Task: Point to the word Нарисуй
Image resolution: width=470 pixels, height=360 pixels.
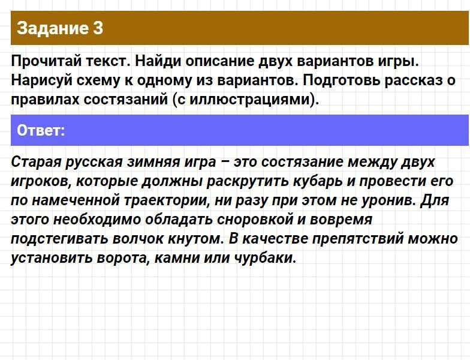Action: click(x=42, y=81)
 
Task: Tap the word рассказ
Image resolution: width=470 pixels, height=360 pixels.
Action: click(x=412, y=81)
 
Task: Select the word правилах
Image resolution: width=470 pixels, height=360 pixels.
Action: click(x=45, y=100)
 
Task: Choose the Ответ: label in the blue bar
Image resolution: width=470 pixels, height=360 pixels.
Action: click(x=41, y=130)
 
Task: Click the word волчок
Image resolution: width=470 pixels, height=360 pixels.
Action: click(x=137, y=239)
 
